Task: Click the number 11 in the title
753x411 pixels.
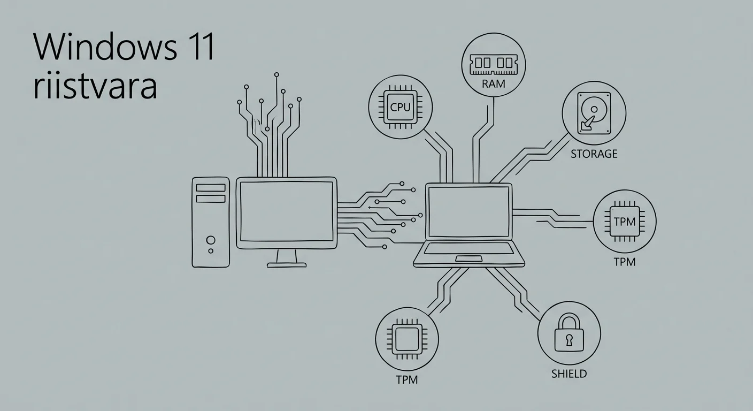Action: [x=200, y=48]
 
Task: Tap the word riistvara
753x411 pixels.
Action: [x=95, y=87]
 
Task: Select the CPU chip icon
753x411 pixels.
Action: [x=400, y=106]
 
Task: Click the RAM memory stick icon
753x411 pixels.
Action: [x=493, y=65]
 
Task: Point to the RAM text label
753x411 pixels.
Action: [x=493, y=84]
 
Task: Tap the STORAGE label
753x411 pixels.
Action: [x=594, y=154]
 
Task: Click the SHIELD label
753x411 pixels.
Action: [x=568, y=374]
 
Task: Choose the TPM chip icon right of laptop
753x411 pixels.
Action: [x=624, y=220]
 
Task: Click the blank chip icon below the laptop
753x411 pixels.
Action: [x=407, y=339]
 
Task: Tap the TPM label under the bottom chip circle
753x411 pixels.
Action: [x=406, y=380]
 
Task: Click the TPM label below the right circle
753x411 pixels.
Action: [x=624, y=262]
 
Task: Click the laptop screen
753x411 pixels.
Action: [x=469, y=211]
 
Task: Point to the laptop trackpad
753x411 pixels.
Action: [x=469, y=259]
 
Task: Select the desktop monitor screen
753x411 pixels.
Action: [x=287, y=211]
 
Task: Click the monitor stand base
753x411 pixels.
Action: [x=287, y=264]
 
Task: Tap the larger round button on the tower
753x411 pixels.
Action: [x=211, y=240]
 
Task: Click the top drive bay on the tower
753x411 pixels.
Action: [x=211, y=188]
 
